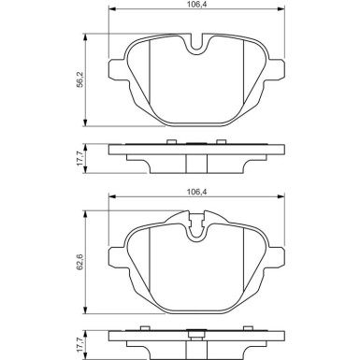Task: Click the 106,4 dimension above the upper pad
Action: [x=196, y=4]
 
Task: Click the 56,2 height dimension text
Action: [x=80, y=80]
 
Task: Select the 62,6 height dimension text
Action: [x=80, y=262]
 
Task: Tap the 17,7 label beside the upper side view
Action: [x=80, y=158]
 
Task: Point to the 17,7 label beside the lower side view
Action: [x=80, y=345]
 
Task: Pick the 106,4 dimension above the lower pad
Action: [x=196, y=191]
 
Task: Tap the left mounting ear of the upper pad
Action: [x=118, y=69]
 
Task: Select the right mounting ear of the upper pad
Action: [x=275, y=69]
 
